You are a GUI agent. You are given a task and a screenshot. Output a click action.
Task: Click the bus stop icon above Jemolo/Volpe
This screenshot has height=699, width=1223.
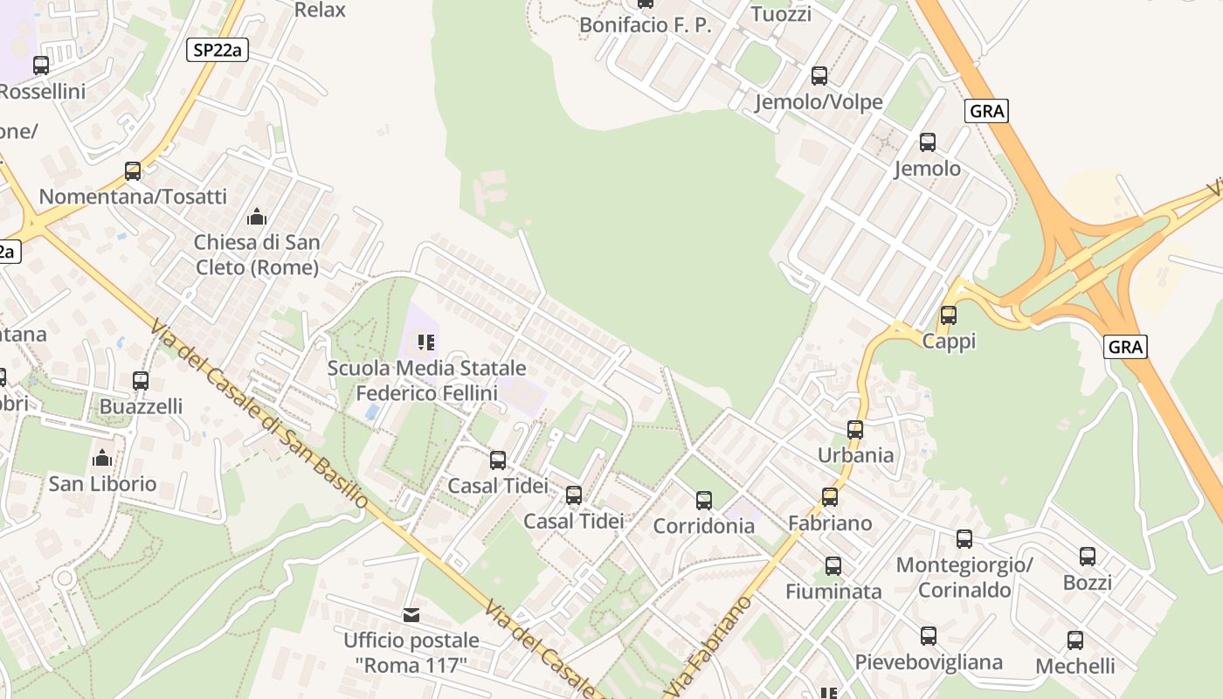(819, 76)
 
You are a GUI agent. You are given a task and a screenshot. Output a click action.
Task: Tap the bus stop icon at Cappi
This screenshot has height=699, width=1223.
(948, 315)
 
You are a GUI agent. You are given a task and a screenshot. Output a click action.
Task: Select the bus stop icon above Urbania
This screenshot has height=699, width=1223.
(855, 429)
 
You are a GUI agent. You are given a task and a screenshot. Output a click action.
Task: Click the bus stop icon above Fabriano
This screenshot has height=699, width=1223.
(830, 497)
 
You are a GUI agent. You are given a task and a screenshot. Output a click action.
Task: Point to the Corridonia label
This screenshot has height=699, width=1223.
(703, 526)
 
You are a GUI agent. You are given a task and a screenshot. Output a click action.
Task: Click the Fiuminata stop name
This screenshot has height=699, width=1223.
(833, 592)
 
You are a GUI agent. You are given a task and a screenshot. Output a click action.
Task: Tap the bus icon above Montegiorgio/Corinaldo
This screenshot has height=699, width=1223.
(964, 539)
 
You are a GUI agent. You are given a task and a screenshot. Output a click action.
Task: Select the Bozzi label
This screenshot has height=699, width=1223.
(1087, 583)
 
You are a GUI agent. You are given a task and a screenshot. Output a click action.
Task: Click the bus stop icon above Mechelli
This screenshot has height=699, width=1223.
(1075, 640)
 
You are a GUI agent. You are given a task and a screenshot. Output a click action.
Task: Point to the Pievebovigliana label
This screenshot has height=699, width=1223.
(928, 662)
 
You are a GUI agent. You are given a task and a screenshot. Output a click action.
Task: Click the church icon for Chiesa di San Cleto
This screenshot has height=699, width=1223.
(257, 216)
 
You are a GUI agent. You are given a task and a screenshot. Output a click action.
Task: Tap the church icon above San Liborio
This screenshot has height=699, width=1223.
(102, 458)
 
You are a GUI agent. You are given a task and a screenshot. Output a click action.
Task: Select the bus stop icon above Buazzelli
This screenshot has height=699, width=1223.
(141, 381)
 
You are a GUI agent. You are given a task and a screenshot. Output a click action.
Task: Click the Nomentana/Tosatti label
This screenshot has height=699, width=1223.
(133, 197)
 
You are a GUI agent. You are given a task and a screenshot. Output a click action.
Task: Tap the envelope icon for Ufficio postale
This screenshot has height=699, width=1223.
(411, 615)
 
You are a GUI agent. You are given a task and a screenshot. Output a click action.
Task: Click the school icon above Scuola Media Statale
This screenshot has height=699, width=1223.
(426, 342)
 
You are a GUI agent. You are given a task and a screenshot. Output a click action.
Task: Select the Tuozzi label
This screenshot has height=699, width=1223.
(781, 14)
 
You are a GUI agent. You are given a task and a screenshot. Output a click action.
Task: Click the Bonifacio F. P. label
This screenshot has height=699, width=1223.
(646, 25)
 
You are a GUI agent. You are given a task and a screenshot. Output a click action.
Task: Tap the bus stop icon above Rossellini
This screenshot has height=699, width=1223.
(41, 66)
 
